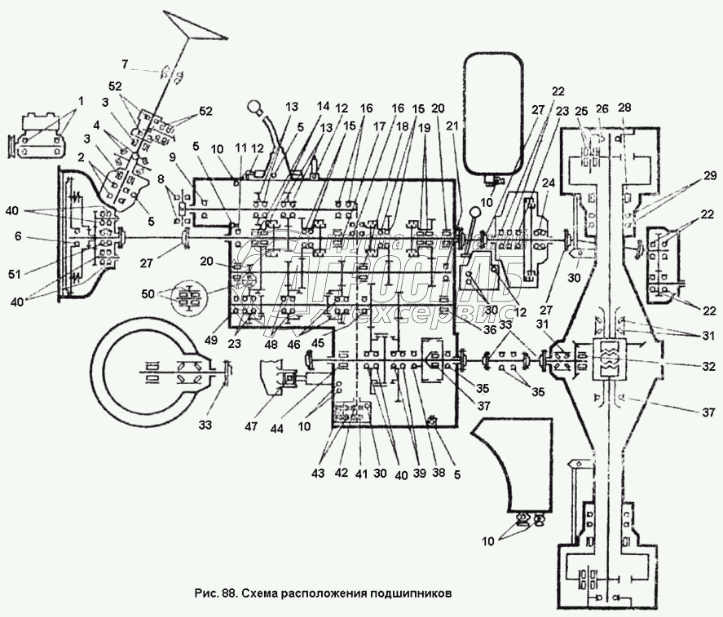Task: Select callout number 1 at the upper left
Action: coord(82,100)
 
